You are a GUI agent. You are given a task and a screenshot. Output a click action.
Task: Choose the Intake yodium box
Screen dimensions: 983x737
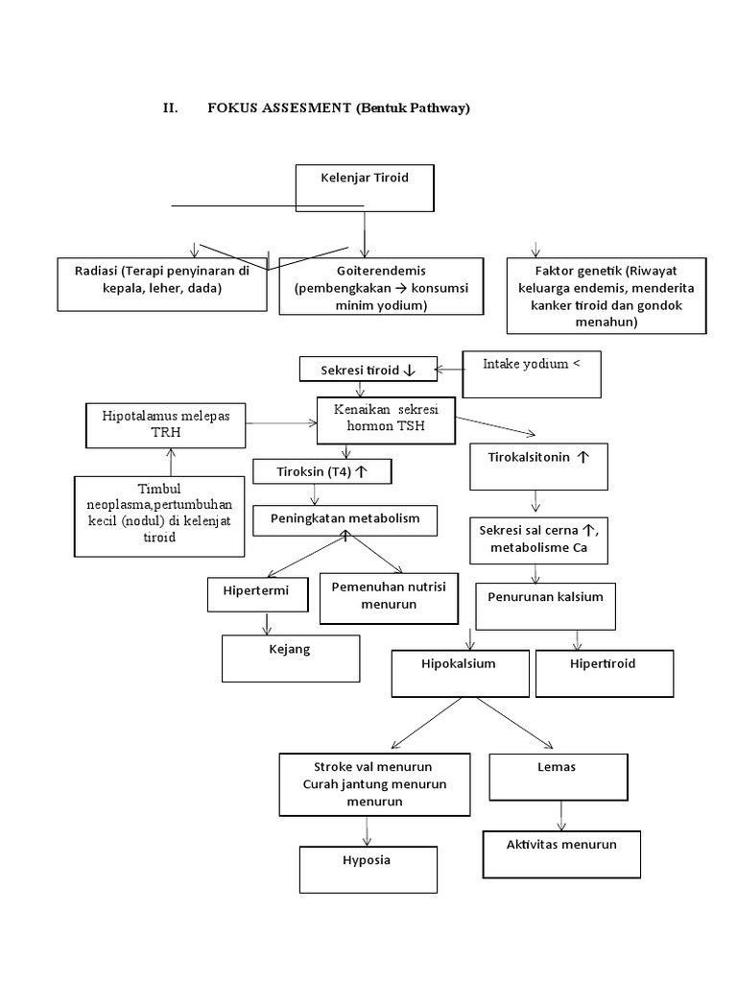point(531,374)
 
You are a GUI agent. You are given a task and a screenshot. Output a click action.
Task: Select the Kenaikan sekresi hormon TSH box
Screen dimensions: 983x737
point(385,420)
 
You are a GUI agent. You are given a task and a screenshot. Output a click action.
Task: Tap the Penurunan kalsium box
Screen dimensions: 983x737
point(545,606)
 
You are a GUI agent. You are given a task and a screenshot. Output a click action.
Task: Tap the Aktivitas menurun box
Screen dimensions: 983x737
point(560,852)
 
